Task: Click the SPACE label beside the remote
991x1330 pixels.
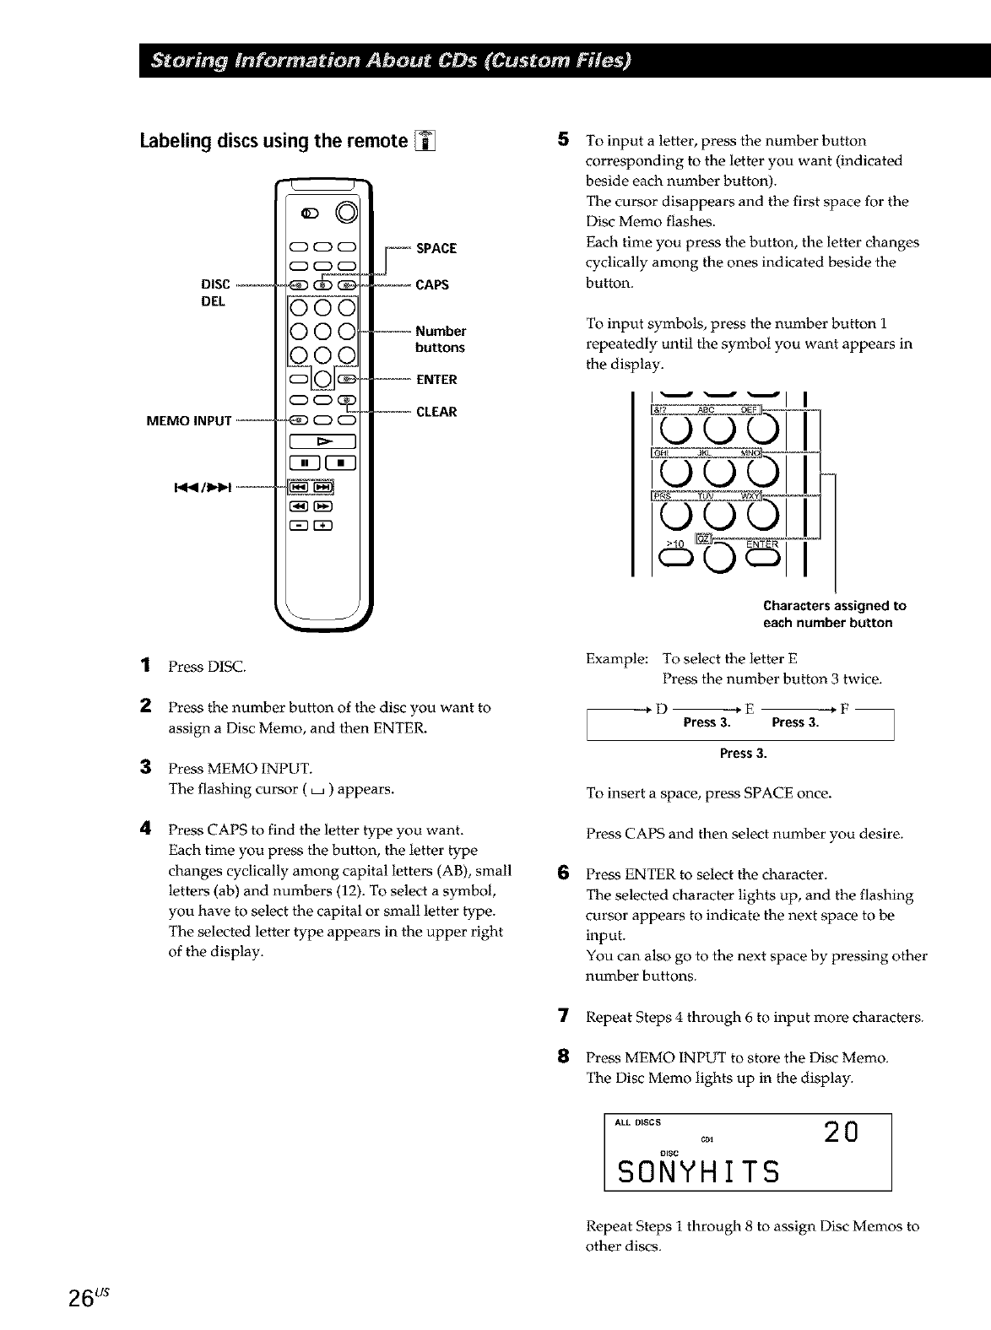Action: pos(436,248)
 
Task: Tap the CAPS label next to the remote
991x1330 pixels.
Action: pos(432,284)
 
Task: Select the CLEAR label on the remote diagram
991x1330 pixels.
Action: pos(436,412)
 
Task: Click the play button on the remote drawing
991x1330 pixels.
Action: pos(323,441)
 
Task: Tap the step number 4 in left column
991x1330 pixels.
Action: pos(147,829)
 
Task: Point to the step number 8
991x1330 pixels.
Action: pos(564,1057)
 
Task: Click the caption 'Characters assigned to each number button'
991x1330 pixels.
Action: pos(833,614)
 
